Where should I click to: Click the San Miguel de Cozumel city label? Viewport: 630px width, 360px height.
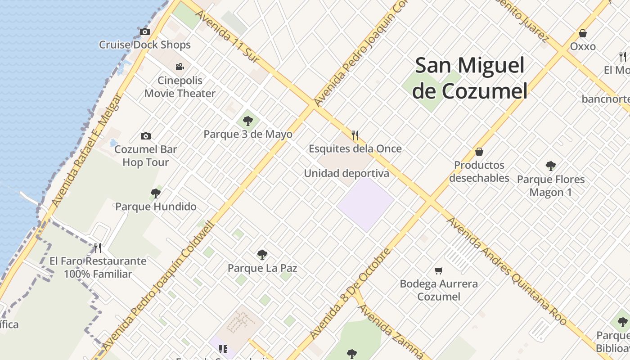(470, 78)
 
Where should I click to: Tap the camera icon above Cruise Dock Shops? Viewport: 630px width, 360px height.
(144, 31)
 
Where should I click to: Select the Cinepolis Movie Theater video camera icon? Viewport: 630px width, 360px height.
(180, 67)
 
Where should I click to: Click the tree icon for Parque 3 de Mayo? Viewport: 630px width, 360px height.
(247, 121)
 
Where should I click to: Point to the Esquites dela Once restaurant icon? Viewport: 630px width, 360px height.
(355, 135)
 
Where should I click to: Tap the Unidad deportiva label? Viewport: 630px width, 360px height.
(346, 173)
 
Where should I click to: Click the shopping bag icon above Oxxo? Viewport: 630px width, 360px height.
(583, 33)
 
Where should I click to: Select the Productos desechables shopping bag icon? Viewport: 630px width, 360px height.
(479, 152)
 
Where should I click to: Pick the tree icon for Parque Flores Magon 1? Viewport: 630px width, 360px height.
(550, 166)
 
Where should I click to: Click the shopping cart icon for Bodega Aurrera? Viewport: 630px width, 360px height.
(439, 270)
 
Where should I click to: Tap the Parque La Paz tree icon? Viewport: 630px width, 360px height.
(262, 255)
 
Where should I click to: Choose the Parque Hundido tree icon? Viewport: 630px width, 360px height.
(156, 193)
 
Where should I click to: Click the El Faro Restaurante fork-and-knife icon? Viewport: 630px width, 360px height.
(98, 247)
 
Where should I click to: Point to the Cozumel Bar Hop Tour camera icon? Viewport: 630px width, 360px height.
(145, 136)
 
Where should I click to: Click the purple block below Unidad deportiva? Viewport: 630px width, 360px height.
(365, 205)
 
